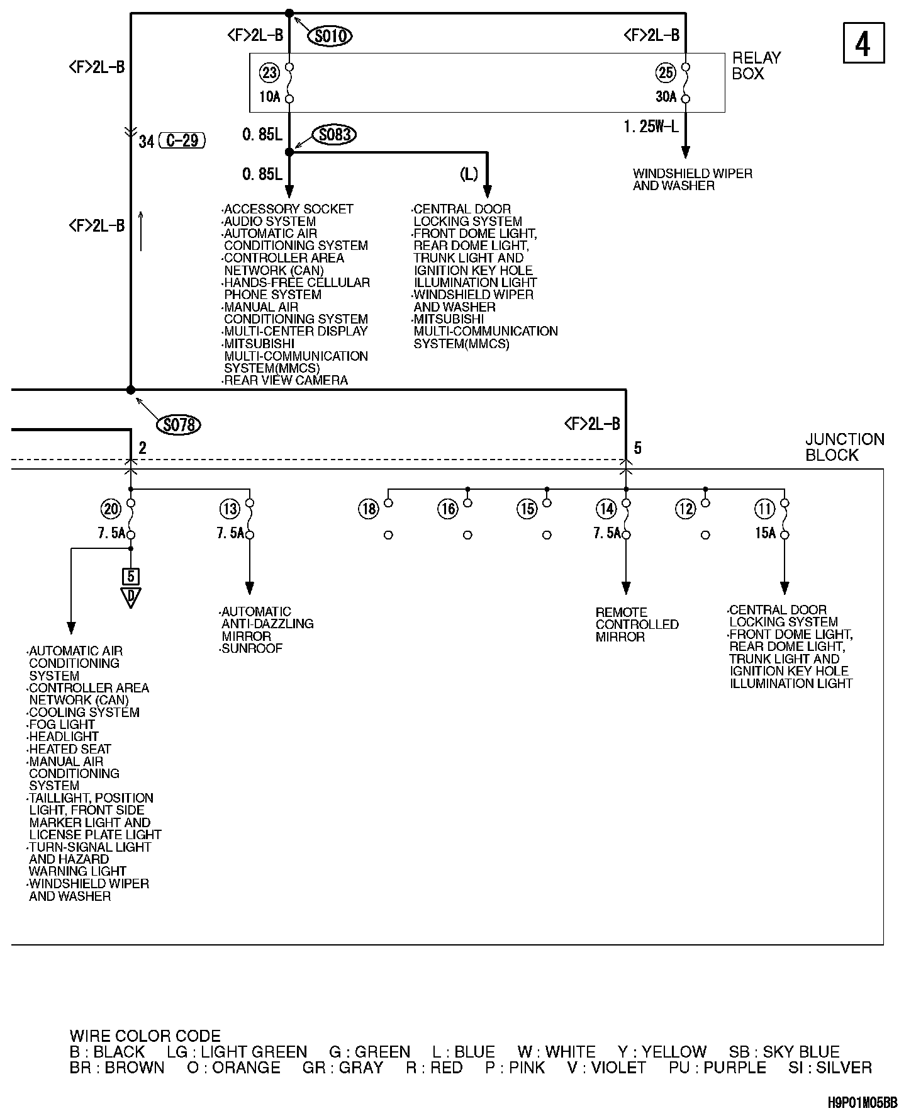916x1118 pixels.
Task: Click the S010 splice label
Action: coord(330,37)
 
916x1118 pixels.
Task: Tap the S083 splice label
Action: coord(335,135)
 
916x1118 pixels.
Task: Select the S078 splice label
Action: coord(179,426)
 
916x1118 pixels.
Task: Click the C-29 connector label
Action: coord(182,140)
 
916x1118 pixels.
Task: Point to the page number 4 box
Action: coord(863,43)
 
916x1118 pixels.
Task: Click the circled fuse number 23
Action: coord(269,74)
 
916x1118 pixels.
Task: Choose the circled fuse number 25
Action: coord(666,74)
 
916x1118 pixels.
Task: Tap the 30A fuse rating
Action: coord(666,97)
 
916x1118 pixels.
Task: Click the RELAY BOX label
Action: coord(756,66)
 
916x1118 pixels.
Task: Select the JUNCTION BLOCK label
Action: coord(844,448)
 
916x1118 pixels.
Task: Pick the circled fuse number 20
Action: coord(111,509)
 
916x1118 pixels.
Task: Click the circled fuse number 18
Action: coord(369,509)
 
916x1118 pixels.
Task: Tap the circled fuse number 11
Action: coord(765,509)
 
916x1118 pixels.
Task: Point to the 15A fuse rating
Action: coord(766,533)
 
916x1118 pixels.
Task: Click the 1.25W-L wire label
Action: coord(651,127)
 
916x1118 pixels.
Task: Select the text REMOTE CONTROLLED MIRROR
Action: coord(637,624)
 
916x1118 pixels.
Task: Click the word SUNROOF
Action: coord(253,648)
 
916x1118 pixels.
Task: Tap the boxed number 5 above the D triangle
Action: coord(131,577)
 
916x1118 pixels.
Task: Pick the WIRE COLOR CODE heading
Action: coord(145,1036)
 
